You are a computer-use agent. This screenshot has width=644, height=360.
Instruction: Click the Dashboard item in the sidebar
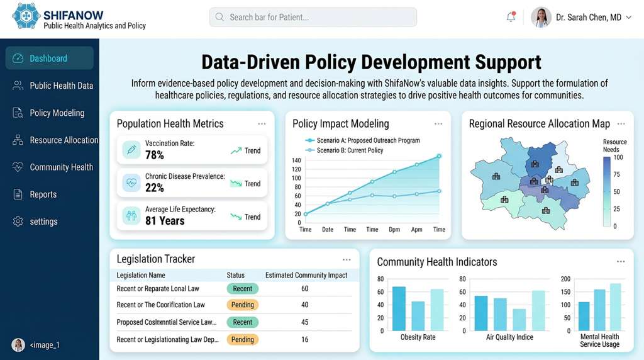48,59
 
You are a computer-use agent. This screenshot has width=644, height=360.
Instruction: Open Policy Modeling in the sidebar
57,113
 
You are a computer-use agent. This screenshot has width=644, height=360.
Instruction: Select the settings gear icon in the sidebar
18,222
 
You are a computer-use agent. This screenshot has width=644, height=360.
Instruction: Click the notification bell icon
511,18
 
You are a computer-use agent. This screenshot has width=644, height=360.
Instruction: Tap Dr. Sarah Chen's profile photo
541,18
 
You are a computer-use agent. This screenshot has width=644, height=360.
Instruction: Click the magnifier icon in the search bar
219,17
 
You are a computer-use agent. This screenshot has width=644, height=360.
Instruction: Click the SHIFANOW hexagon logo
26,16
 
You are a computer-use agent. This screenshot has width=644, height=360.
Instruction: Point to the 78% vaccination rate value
155,155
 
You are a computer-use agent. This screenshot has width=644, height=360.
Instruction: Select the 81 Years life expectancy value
165,221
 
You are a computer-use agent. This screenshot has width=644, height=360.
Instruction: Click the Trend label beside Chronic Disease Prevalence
252,184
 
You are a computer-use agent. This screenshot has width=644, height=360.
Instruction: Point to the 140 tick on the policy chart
297,160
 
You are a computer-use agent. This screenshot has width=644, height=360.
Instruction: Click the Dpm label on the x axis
394,230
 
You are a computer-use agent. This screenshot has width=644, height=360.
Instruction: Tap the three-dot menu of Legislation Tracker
347,259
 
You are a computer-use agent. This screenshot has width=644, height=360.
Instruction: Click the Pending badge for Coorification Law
242,305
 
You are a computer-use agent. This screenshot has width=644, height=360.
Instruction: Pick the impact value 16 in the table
304,339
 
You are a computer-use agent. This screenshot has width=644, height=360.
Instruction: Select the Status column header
235,275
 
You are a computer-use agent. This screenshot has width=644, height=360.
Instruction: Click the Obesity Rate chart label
418,337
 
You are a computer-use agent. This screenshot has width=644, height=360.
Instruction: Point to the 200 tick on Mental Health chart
565,279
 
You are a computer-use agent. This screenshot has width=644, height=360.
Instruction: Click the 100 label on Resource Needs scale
618,157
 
